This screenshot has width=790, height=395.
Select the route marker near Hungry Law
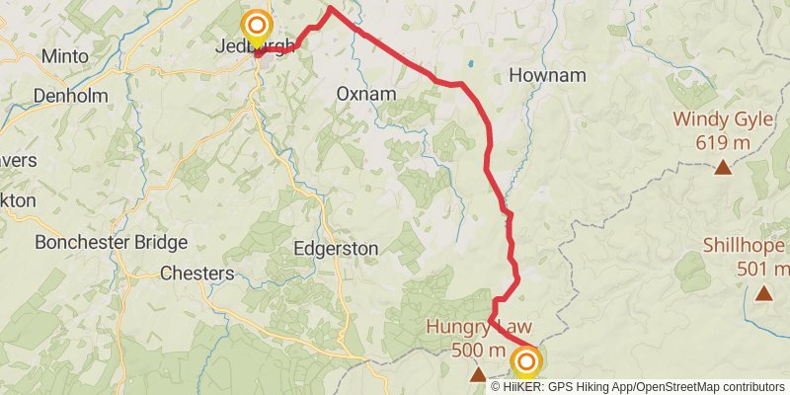click(526, 363)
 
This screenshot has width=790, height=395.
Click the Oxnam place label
click(365, 94)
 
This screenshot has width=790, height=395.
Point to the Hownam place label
click(547, 75)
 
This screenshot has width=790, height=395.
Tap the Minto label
click(65, 56)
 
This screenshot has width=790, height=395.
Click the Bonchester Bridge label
click(111, 242)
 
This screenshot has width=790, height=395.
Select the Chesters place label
click(197, 273)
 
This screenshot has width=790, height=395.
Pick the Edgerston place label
click(336, 249)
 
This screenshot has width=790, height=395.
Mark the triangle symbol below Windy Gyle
click(724, 168)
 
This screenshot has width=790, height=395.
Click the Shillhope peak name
click(747, 246)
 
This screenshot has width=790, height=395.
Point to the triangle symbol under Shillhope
click(763, 293)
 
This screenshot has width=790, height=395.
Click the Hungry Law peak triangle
click(478, 375)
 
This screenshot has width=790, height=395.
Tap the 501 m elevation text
click(762, 270)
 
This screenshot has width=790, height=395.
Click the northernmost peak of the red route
click(328, 9)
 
